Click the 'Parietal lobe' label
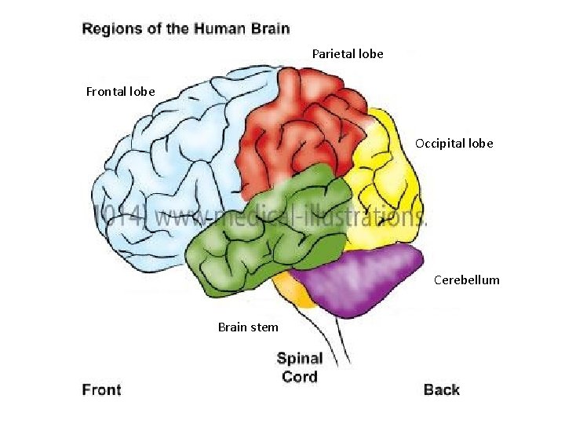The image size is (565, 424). (x=348, y=54)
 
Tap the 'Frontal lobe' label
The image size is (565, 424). (x=120, y=92)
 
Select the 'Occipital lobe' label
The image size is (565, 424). (x=454, y=144)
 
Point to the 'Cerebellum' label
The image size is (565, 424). (x=466, y=280)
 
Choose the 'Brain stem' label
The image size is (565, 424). (x=247, y=327)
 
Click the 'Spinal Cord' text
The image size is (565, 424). (x=300, y=367)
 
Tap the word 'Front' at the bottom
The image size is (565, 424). (x=102, y=390)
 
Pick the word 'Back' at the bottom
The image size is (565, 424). (x=441, y=390)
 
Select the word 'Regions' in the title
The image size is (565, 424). (x=113, y=30)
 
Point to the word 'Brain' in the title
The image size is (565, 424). (x=271, y=30)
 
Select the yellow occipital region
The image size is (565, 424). (x=385, y=188)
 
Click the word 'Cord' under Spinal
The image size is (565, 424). (x=300, y=377)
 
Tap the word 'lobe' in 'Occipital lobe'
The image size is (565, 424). (x=479, y=144)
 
